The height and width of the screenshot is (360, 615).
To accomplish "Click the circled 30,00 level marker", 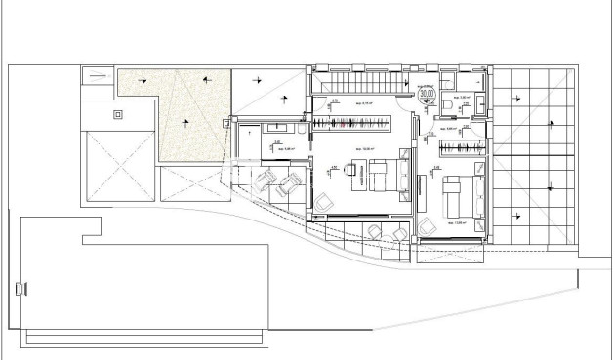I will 427,95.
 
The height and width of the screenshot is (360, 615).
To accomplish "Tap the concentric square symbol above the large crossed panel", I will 119,114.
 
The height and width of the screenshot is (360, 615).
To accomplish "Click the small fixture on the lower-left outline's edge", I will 20,288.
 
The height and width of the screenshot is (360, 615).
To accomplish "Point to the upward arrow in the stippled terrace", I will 185,121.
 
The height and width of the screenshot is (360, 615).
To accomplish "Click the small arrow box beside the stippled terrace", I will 226,123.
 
